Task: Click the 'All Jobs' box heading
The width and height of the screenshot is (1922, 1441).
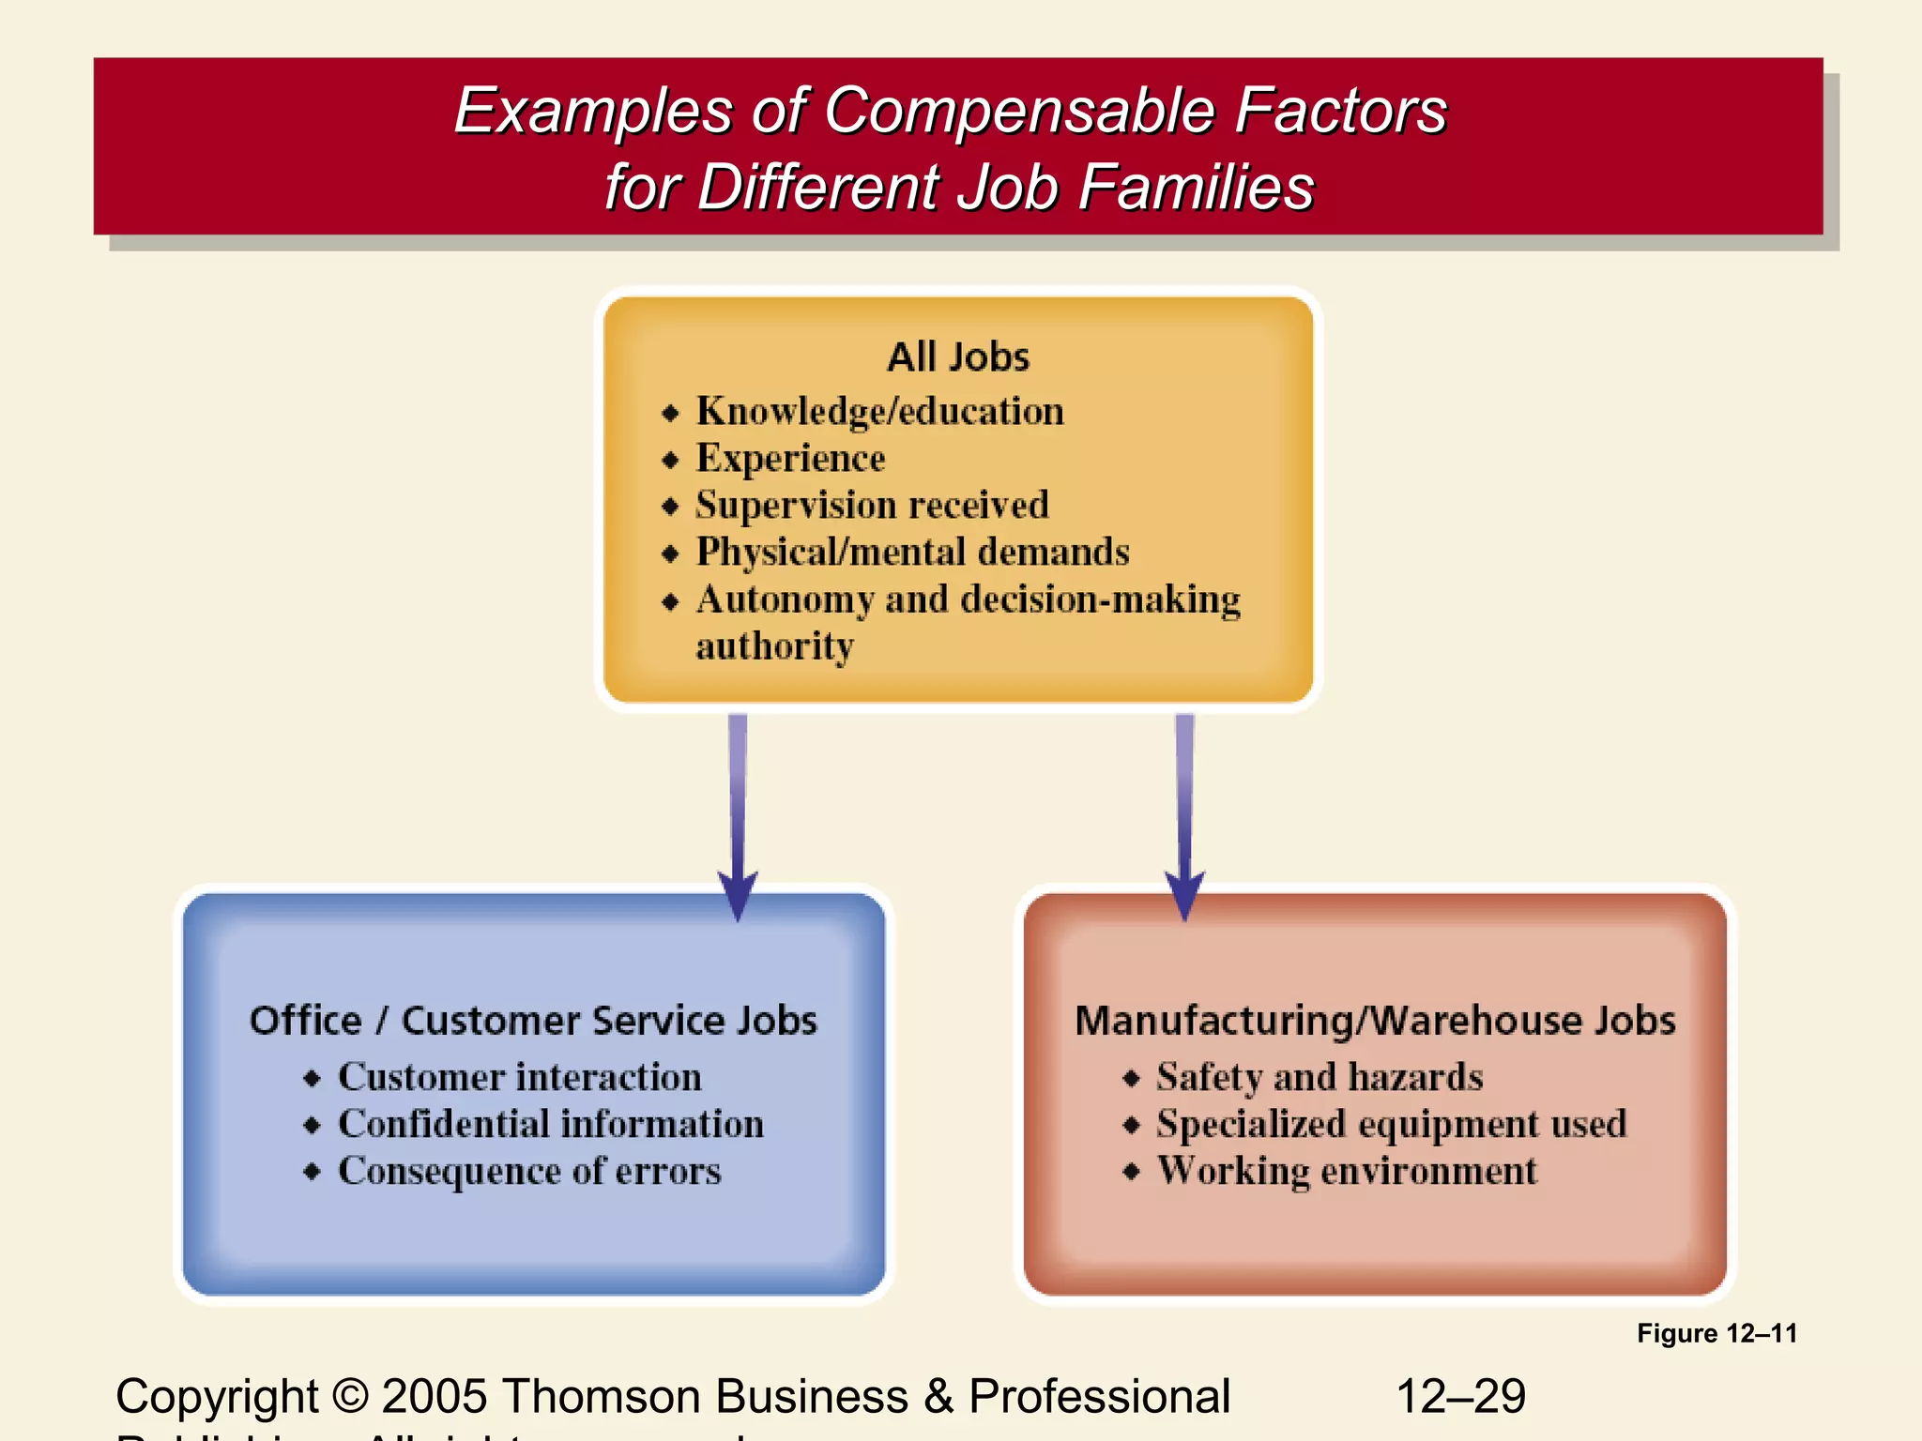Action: [958, 357]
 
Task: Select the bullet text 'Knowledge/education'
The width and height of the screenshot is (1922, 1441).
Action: [879, 412]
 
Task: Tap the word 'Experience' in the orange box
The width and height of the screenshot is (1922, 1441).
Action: [790, 459]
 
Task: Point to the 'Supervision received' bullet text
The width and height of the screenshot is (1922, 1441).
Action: [872, 506]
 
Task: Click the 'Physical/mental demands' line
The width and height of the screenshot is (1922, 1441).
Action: [912, 553]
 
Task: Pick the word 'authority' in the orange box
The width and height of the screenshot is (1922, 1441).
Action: [775, 646]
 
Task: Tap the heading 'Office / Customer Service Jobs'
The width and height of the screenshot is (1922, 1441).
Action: [533, 1021]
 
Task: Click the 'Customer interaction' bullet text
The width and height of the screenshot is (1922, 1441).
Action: [520, 1077]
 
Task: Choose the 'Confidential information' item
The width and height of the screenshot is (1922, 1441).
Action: [551, 1124]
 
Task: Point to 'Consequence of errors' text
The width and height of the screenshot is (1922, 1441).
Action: [529, 1171]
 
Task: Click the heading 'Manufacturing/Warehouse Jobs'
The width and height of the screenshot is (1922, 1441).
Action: [1375, 1021]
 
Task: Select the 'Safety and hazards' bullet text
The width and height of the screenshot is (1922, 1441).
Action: [1319, 1077]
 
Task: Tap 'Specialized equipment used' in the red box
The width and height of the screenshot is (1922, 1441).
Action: [1391, 1124]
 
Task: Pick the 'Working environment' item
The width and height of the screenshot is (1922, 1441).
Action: [1347, 1171]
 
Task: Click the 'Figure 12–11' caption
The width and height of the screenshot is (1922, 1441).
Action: [1716, 1333]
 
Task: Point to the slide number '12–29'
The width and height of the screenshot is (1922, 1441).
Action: [1461, 1396]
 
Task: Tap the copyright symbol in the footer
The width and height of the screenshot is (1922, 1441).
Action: [350, 1396]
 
